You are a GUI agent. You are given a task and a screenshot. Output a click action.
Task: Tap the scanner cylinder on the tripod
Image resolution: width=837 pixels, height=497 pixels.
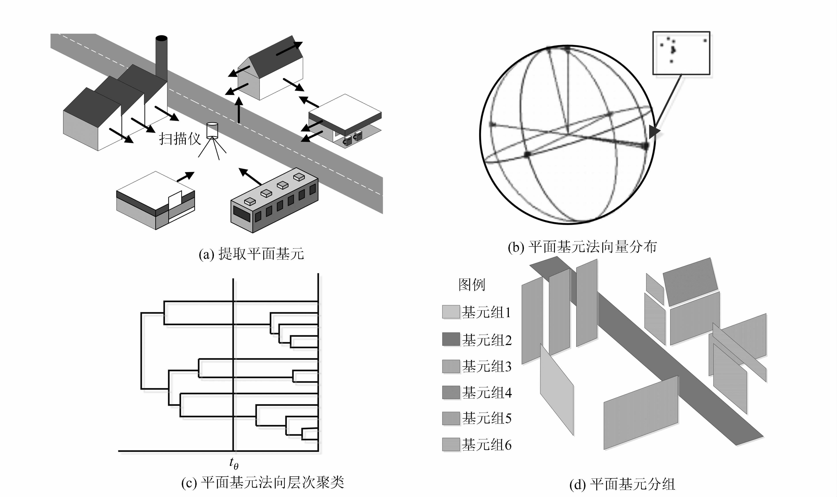212,131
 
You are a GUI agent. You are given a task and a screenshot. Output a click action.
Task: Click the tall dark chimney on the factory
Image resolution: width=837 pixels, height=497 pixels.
161,57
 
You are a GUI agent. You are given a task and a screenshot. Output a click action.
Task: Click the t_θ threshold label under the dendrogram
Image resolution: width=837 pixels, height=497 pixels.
234,463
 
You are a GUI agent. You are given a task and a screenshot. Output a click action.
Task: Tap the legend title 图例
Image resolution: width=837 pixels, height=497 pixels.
471,285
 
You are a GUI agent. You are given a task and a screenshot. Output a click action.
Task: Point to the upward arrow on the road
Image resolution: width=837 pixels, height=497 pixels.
238,111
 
